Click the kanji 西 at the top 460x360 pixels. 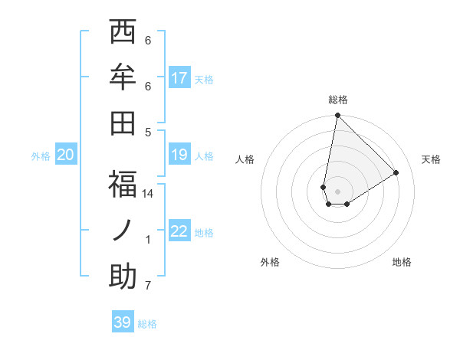(x=123, y=33)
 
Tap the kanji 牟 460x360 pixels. (x=123, y=79)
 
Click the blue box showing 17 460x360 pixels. (x=179, y=77)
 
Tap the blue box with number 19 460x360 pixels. (x=179, y=155)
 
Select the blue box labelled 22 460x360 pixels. (x=179, y=231)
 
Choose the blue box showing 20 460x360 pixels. (x=65, y=155)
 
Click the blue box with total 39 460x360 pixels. (x=122, y=322)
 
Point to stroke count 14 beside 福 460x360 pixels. (x=148, y=194)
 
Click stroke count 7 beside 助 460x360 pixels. (x=148, y=286)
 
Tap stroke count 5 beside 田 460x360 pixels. (x=148, y=132)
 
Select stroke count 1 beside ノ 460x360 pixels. (x=148, y=240)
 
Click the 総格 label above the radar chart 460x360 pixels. (x=337, y=100)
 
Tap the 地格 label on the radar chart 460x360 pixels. (x=402, y=262)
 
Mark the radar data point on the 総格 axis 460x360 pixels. (x=337, y=116)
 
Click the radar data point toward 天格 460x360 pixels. (x=396, y=172)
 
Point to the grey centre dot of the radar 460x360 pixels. (x=337, y=191)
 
